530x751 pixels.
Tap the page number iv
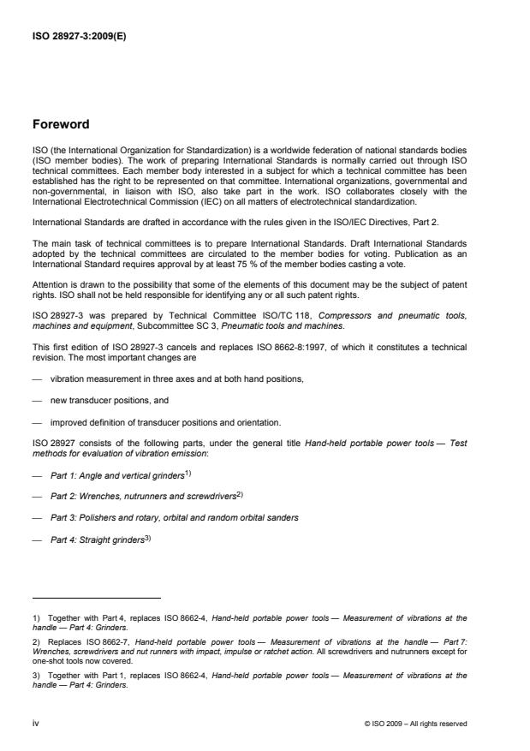pyautogui.click(x=36, y=724)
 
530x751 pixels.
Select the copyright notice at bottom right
pyautogui.click(x=415, y=724)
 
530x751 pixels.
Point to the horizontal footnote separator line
pyautogui.click(x=96, y=598)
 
